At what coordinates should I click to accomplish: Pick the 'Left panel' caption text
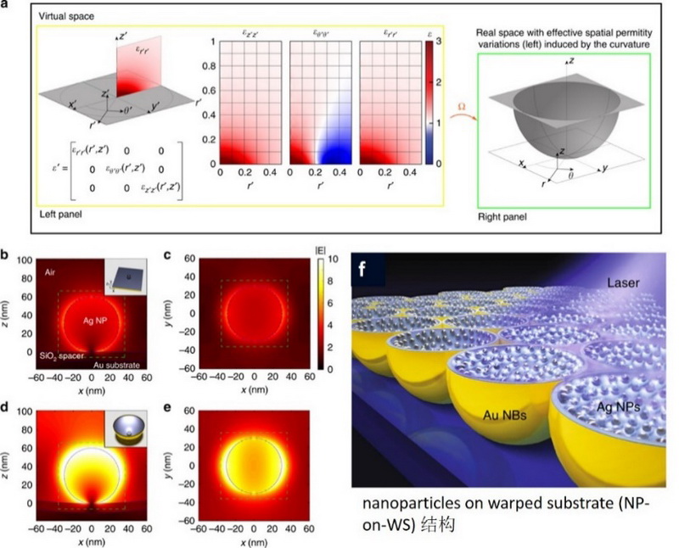click(65, 212)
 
